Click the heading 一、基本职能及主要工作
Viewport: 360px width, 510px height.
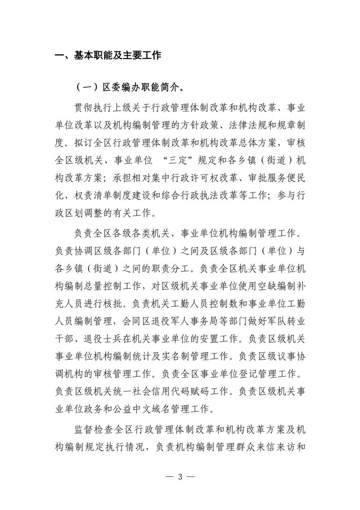tap(107, 55)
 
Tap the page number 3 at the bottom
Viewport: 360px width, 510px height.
tap(180, 477)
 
